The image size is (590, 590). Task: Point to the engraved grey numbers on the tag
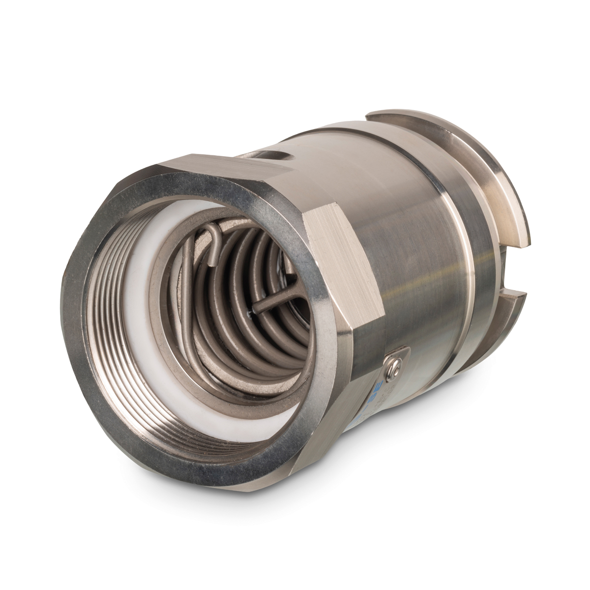click(379, 393)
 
